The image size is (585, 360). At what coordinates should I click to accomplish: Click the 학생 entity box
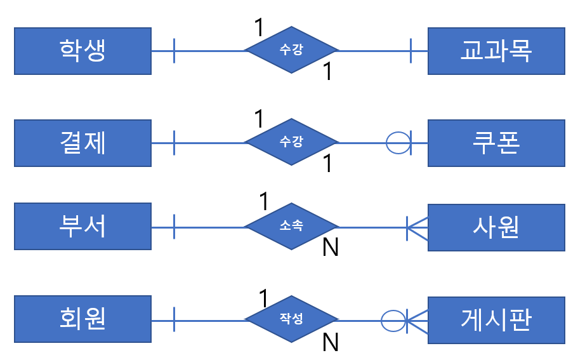82,51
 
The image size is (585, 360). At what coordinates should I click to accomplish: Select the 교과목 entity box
496,51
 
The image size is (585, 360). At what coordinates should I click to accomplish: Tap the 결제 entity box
82,143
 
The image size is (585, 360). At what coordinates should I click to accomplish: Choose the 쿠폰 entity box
496,143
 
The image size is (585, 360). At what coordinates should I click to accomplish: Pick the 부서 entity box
82,227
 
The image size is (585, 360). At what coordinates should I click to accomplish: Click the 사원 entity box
496,227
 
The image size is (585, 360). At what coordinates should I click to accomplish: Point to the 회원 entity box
82,319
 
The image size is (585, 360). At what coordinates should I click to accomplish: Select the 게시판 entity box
496,319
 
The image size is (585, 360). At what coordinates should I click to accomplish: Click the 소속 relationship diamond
292,227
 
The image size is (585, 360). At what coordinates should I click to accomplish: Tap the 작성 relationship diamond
292,319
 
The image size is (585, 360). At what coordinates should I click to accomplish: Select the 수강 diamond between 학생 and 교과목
292,51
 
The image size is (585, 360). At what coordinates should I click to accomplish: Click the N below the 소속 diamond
330,248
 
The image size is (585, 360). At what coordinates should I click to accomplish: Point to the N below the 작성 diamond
330,343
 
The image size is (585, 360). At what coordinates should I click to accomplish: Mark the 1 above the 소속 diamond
265,202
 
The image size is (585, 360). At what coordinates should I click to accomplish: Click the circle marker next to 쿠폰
398,143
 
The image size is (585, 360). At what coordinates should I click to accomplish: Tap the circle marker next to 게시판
393,319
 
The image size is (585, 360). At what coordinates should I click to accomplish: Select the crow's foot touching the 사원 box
417,227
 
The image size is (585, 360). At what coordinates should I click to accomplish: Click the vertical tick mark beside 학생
174,51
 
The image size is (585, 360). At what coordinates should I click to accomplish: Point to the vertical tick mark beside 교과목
411,51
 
